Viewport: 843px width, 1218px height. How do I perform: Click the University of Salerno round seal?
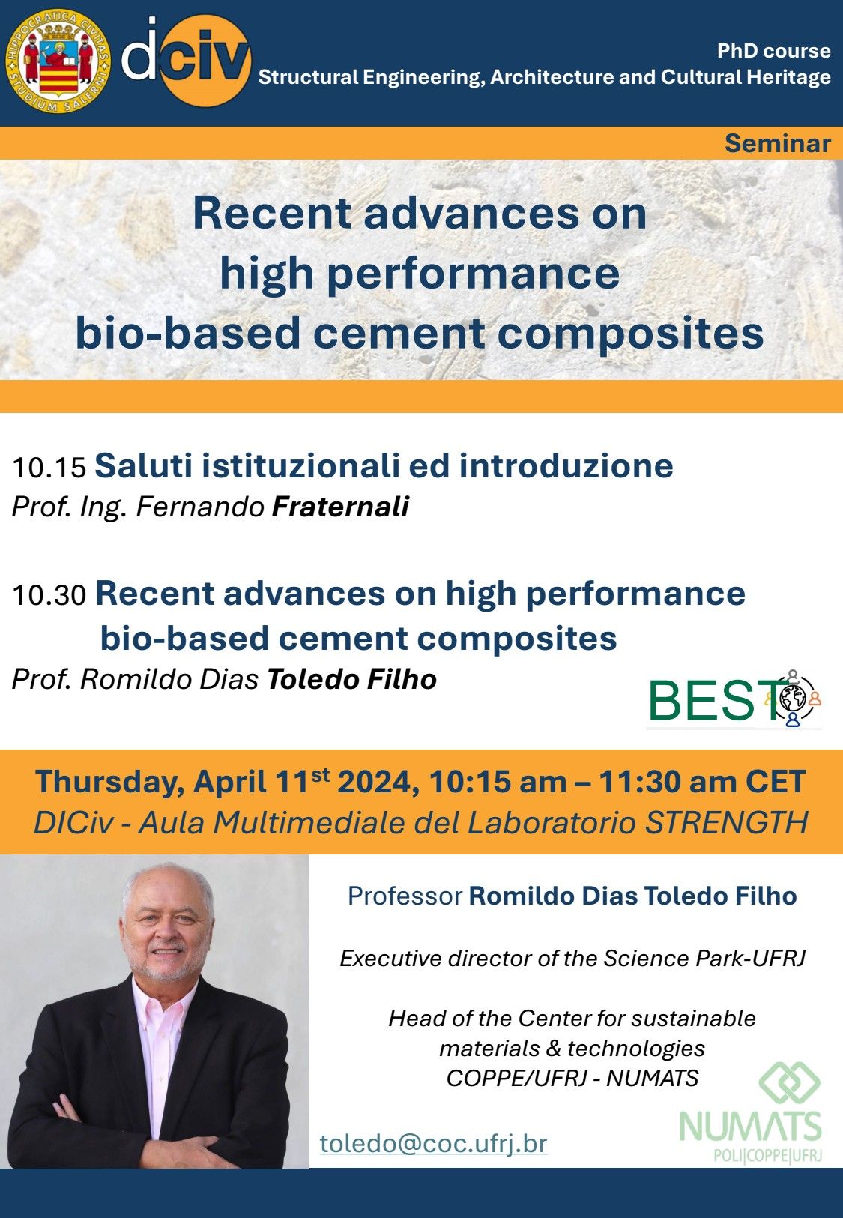click(x=58, y=61)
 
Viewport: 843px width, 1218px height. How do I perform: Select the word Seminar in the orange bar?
click(x=777, y=144)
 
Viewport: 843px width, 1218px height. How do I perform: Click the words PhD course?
click(x=773, y=50)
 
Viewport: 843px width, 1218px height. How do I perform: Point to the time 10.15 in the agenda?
click(x=49, y=468)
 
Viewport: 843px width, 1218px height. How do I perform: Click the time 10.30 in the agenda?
click(x=49, y=594)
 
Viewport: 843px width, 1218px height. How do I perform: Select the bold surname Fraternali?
click(x=340, y=507)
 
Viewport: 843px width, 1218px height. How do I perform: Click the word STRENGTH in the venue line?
click(x=727, y=822)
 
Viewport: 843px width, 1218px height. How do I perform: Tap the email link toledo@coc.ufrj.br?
click(x=433, y=1143)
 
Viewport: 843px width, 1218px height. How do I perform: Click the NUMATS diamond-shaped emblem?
click(x=789, y=1082)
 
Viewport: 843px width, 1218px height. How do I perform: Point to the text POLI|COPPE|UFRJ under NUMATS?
click(x=767, y=1154)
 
